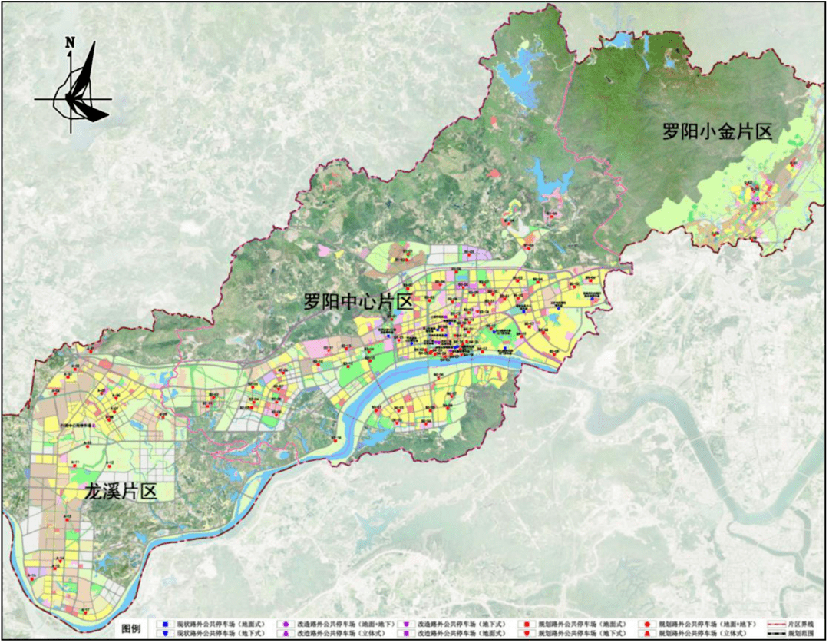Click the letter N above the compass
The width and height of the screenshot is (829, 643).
(x=70, y=43)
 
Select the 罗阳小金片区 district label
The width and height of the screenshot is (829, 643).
(x=716, y=131)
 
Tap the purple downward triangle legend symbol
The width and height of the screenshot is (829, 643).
(x=405, y=624)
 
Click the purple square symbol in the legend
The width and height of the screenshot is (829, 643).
(x=405, y=634)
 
